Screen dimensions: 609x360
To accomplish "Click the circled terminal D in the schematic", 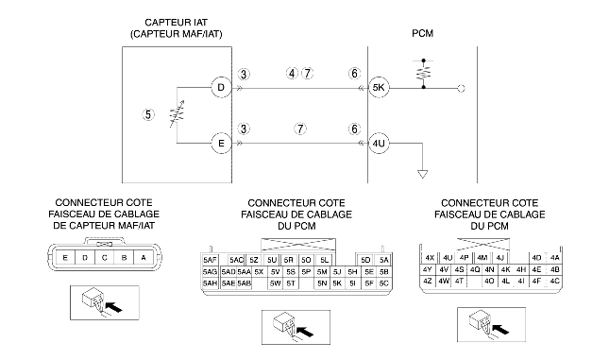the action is [221, 88].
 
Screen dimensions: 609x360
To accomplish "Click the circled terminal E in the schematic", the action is [221, 144].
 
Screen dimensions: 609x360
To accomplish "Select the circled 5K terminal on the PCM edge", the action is [379, 88].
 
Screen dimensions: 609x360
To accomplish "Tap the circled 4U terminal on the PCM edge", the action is [379, 144].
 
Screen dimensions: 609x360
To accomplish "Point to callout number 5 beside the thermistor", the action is [148, 114].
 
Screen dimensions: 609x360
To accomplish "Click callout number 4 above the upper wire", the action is [292, 73].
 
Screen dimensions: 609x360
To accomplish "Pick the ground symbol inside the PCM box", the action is [423, 174].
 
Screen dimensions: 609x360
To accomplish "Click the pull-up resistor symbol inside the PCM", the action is [423, 74].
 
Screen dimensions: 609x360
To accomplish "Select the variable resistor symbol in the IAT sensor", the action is [178, 114].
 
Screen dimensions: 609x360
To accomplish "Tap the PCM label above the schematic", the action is [423, 33].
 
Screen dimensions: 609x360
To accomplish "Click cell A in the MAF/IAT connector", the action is [144, 258].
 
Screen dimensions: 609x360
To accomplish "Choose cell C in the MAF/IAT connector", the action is [105, 258].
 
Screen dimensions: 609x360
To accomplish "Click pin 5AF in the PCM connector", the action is [211, 260].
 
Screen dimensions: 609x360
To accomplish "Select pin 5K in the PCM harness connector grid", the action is [337, 283].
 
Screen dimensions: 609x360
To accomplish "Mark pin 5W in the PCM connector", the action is [275, 283].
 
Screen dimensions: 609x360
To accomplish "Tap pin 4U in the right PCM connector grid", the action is [448, 258].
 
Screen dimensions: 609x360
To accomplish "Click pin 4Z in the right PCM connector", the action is [427, 281].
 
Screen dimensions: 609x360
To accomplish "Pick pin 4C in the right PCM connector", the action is [554, 281].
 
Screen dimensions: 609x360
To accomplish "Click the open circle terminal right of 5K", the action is [461, 88].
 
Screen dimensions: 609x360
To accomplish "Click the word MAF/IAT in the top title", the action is [200, 34].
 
